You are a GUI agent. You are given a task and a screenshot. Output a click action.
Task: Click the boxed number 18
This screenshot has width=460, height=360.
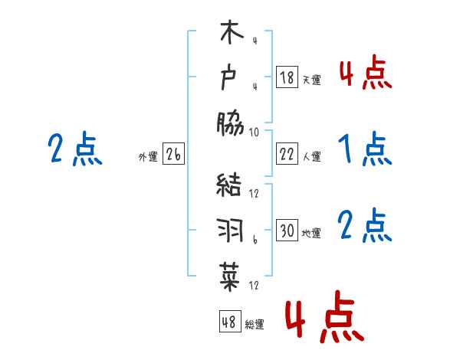click(287, 77)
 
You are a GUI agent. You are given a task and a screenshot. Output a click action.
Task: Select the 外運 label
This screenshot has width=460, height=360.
click(148, 157)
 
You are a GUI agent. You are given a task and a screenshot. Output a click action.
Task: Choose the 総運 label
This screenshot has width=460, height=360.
click(255, 325)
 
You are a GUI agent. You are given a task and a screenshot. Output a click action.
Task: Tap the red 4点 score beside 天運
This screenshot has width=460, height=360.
click(365, 73)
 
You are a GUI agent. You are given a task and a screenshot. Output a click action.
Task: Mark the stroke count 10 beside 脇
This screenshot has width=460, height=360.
click(255, 132)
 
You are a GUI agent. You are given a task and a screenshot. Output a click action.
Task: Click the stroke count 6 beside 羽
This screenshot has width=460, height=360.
click(255, 240)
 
